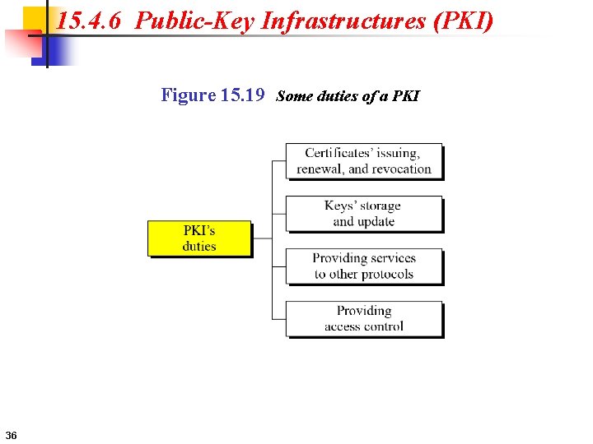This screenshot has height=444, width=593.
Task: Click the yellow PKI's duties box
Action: [199, 238]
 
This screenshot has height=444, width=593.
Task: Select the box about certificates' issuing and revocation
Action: [363, 161]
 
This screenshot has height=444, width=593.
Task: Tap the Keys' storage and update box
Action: [363, 214]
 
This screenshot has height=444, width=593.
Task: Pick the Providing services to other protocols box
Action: [363, 266]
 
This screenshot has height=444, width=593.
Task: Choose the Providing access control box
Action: [363, 319]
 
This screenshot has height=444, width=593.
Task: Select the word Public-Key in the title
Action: [194, 21]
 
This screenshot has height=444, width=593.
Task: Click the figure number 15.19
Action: [243, 95]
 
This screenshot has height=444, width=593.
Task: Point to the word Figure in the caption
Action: [188, 95]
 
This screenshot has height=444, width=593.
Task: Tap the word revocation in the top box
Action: [401, 169]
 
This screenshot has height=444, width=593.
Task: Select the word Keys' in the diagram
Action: [341, 206]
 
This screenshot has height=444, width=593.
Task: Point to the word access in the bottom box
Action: [342, 326]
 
